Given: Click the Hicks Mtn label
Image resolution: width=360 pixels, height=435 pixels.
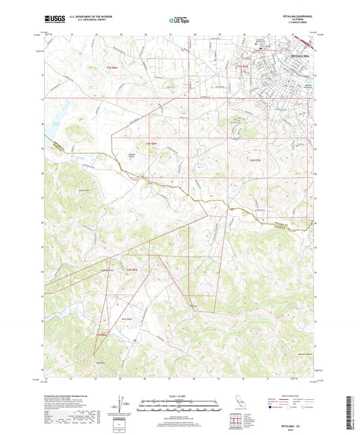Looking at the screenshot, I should click(x=103, y=363).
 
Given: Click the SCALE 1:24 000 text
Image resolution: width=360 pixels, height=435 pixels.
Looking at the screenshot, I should click(x=179, y=396).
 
